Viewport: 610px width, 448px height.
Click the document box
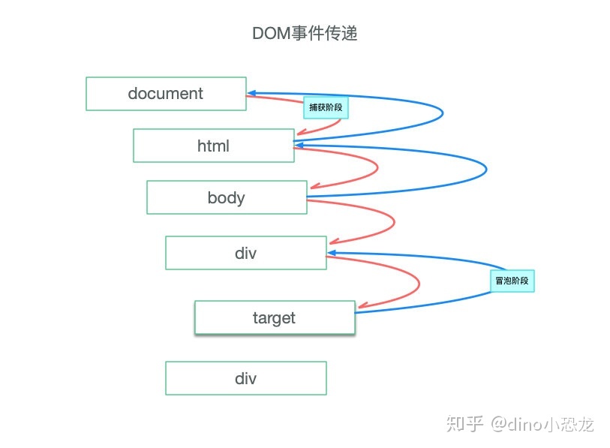166,94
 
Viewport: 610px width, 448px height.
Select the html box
213,146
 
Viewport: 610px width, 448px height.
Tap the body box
227,197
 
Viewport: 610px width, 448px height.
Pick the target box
274,317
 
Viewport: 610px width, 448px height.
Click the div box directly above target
245,253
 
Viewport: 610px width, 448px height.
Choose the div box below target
245,378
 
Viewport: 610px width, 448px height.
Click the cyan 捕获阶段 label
326,108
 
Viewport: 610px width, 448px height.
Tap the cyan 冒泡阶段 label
512,281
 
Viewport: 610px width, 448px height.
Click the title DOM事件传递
305,34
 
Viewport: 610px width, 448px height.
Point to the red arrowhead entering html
301,135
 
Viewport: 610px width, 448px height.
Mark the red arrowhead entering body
314,186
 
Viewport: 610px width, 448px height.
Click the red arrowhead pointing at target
362,306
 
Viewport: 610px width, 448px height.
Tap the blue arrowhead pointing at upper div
332,253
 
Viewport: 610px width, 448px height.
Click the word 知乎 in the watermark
464,424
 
